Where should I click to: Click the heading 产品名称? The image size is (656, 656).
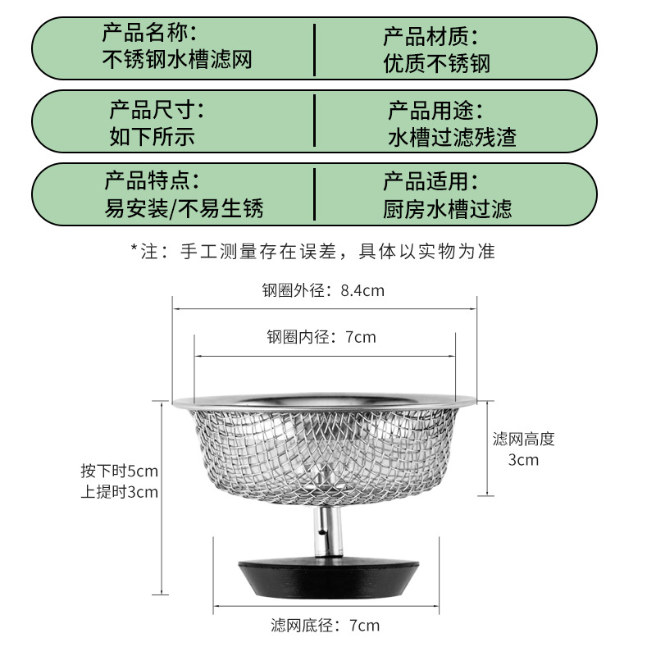coord(149,34)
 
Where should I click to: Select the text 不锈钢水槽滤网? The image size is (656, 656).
coord(175,59)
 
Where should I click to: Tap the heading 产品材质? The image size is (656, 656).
coord(430,36)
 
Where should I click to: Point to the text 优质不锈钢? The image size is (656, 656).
coord(436,62)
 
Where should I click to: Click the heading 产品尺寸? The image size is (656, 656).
coord(157,108)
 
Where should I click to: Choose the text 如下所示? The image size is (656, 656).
coord(153,134)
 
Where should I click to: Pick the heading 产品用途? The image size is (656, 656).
coord(435,108)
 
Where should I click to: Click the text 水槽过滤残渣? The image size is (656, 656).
coord(452,135)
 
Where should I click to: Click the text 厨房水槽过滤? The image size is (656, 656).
coord(447,208)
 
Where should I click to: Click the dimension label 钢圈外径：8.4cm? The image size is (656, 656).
coord(323,289)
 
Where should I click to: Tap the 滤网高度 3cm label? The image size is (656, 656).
coord(523,449)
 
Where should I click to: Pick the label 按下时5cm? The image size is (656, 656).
coord(119,471)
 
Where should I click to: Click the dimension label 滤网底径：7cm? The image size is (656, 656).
coord(325,626)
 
